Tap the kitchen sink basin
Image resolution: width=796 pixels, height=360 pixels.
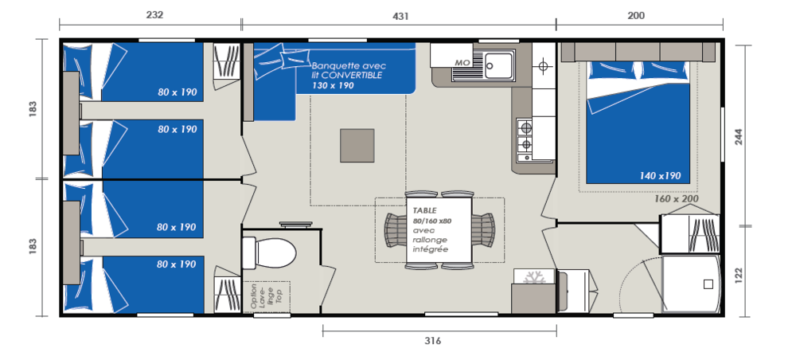(498, 65)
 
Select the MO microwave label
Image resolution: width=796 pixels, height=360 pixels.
(462, 62)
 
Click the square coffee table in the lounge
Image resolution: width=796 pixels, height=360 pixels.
(357, 145)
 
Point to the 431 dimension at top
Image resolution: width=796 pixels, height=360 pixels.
(400, 16)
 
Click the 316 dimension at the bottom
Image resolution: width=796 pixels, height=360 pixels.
(432, 341)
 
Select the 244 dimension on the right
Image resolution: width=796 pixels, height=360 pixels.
(739, 136)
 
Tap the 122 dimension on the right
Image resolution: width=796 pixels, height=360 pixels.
(739, 275)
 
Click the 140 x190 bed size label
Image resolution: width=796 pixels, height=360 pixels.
(660, 176)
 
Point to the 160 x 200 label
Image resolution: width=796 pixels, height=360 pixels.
(676, 198)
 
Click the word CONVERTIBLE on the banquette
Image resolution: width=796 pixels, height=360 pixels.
(351, 75)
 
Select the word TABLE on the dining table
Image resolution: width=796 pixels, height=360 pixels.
(424, 210)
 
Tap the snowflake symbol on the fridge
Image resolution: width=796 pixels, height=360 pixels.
(533, 277)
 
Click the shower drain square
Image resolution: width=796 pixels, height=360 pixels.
(708, 284)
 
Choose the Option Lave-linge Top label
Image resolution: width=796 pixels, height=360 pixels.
(266, 297)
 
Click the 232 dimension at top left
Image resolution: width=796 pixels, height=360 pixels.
(154, 15)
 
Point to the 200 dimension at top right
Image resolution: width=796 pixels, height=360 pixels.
(635, 16)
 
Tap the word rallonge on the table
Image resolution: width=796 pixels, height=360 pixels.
(430, 240)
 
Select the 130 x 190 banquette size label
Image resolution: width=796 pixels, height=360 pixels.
(333, 85)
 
